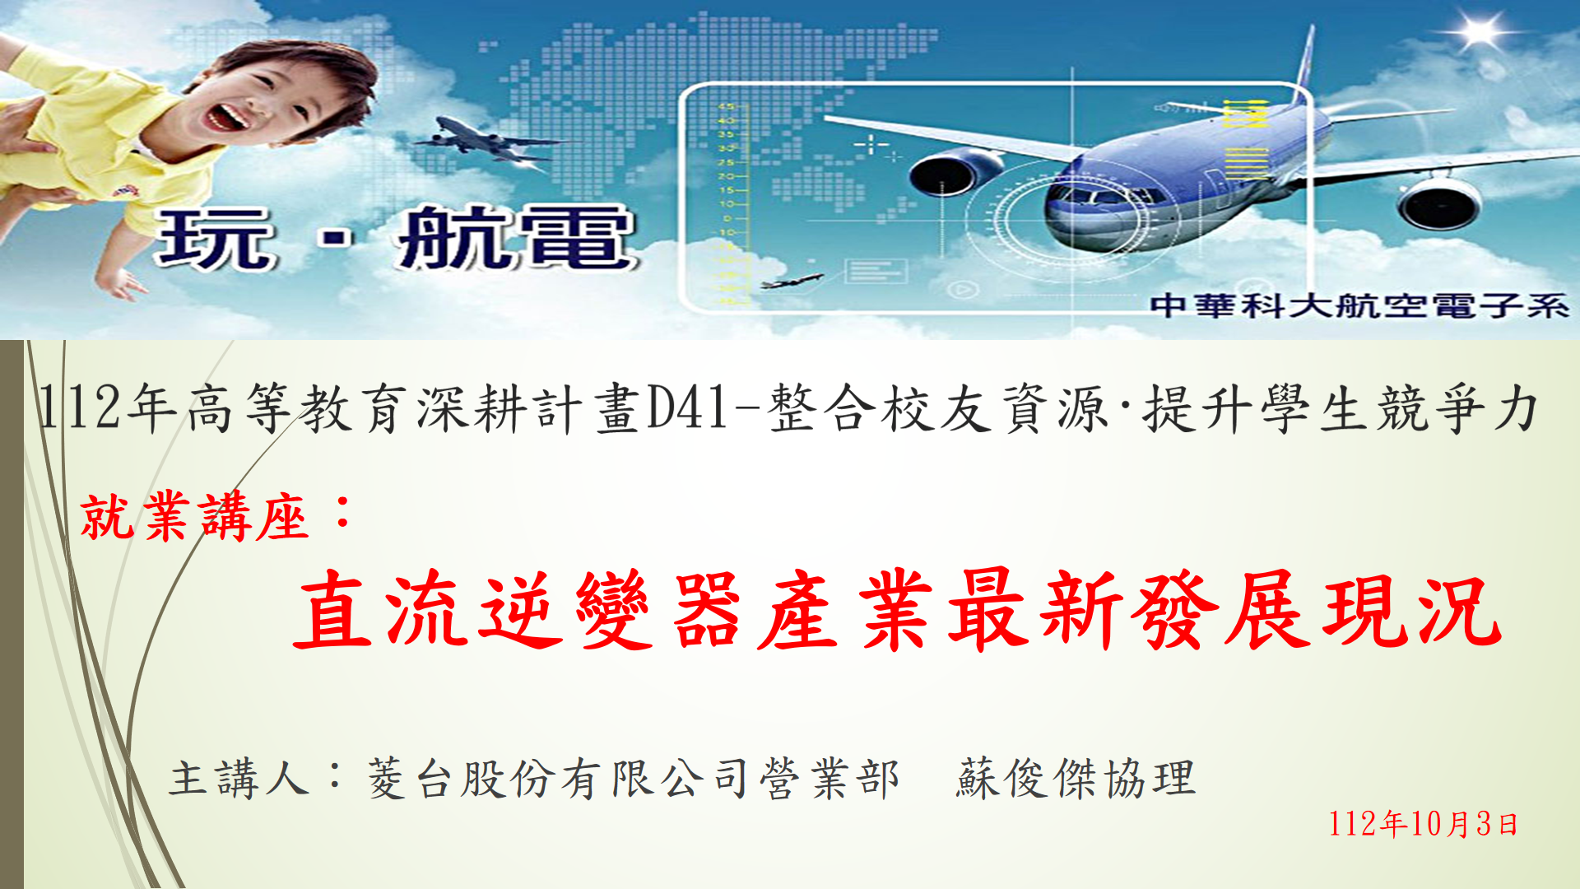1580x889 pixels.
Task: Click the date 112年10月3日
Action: [x=1423, y=823]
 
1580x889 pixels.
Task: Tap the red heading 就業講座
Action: [x=194, y=516]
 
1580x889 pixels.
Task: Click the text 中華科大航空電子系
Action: [x=1359, y=305]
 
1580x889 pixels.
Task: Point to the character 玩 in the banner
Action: [x=214, y=240]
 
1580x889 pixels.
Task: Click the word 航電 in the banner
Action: [x=515, y=238]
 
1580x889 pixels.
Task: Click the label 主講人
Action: [x=239, y=779]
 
